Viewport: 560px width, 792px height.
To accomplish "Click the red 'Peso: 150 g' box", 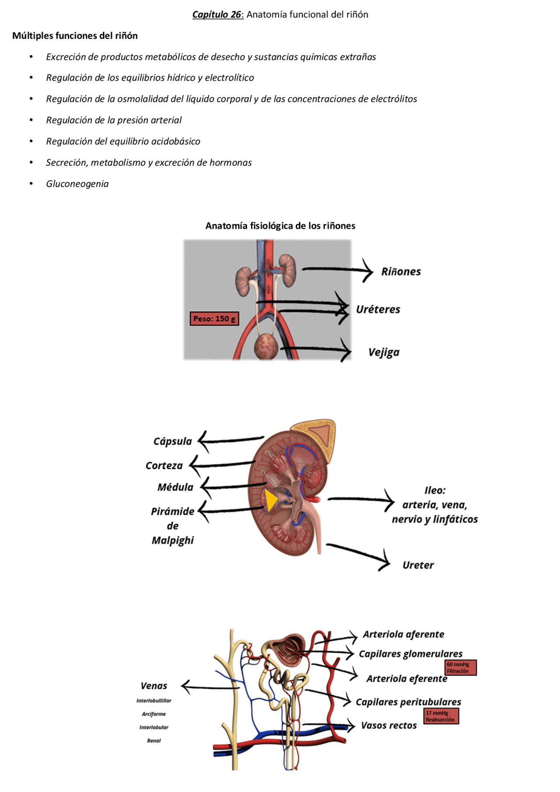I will click(214, 319).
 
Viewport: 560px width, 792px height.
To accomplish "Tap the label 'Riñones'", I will click(401, 272).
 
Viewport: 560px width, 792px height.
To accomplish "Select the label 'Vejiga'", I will click(384, 352).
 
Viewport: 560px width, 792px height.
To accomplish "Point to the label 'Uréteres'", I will click(378, 309).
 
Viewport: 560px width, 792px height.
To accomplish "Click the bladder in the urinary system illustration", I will click(266, 346).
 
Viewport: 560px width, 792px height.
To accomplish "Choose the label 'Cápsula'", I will click(172, 441).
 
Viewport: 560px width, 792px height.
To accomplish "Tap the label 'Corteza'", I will click(164, 466).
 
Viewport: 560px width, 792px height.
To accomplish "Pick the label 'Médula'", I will click(175, 487).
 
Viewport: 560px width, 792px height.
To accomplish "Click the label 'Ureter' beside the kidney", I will click(418, 565).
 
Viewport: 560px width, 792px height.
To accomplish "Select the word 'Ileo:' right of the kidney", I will click(435, 490).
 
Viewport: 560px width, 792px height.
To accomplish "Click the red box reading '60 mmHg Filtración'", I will click(460, 667).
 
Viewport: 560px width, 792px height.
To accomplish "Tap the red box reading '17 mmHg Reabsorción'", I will click(441, 716).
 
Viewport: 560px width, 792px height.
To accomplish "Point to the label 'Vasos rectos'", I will click(388, 726).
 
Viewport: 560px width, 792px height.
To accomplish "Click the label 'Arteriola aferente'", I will click(403, 634).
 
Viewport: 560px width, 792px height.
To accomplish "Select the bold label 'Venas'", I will click(154, 686).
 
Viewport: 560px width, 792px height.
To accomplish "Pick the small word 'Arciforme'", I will click(154, 714).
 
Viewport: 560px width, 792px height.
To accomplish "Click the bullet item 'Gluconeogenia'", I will click(77, 184).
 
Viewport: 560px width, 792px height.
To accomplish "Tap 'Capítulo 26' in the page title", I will click(217, 14).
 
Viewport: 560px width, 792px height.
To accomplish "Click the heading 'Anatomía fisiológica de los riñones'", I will click(280, 226).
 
